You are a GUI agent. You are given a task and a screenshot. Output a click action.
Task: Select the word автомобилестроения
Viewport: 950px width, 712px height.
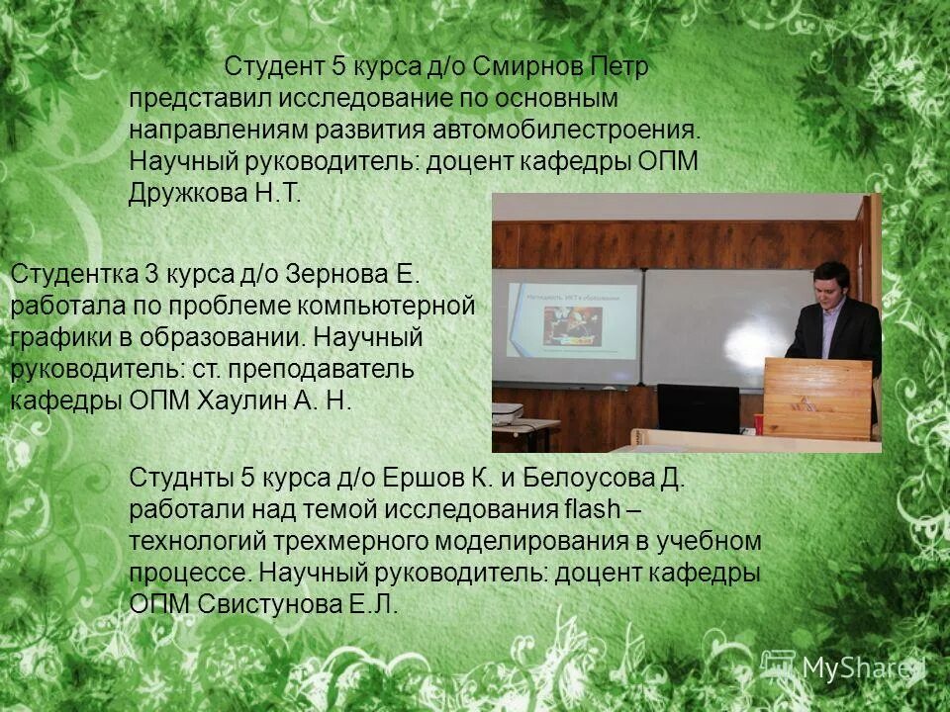coord(565,131)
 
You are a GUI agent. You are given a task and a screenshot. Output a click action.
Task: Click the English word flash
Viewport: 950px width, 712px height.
coord(592,510)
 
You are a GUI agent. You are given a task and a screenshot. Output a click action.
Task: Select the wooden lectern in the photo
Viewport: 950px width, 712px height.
coord(817,398)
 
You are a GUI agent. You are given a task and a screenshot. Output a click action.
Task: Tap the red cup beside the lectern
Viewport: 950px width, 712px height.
coord(759,423)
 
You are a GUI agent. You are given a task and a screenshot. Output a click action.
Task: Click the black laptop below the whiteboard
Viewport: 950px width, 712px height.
coord(699,407)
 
